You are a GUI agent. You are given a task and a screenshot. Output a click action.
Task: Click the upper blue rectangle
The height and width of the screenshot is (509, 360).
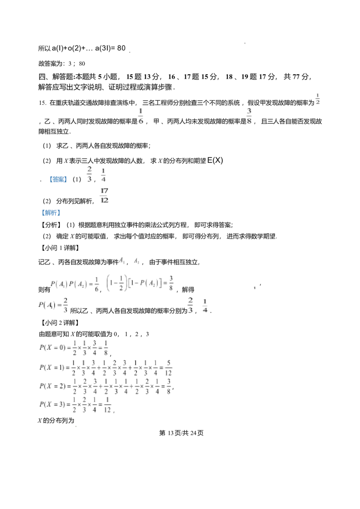58,180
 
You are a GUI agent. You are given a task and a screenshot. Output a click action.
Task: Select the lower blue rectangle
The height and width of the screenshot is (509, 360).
50,213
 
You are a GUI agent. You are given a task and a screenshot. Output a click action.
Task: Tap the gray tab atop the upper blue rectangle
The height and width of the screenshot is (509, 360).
58,174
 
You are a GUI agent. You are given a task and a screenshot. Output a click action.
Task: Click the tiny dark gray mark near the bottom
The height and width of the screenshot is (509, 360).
76,426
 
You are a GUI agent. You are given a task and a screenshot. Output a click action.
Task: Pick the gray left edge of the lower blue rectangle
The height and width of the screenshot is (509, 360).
40,213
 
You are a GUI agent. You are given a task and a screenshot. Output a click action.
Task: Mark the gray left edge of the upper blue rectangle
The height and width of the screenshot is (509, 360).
48,180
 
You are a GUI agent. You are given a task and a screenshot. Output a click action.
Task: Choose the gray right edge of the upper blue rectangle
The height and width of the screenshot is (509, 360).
68,180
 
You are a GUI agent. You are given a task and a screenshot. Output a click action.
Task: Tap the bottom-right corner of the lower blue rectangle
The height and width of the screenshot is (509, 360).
61,215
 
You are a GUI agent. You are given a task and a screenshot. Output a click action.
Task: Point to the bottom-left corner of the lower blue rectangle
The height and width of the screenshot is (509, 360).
40,215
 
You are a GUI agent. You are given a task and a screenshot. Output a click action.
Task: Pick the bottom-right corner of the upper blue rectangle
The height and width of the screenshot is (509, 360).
67,183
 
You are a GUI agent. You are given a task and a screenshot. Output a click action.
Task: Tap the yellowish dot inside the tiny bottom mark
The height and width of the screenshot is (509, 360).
75,426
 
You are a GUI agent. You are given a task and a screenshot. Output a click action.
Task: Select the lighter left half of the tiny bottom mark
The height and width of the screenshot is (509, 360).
74,426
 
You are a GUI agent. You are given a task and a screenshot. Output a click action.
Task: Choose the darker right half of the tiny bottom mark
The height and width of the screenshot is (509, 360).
77,426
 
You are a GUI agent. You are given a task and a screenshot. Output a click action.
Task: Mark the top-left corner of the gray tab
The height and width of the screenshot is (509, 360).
51,173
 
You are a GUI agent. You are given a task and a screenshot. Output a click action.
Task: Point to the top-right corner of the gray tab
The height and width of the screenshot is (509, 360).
64,173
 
